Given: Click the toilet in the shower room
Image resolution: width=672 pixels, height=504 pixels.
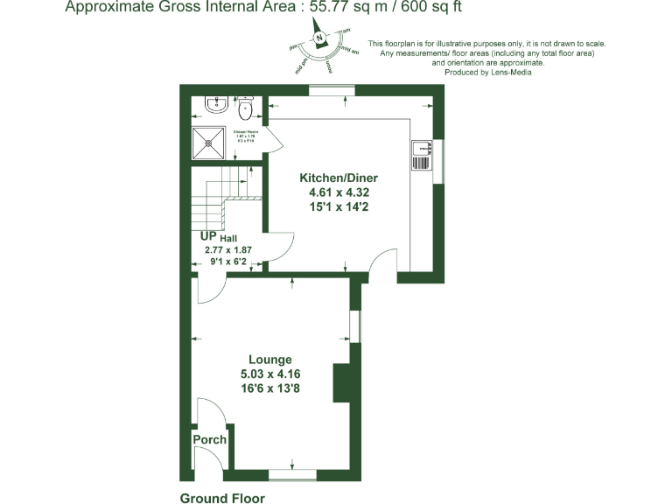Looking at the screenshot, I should pos(246,108).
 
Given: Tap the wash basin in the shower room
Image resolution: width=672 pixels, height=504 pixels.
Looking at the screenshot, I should pos(214,105).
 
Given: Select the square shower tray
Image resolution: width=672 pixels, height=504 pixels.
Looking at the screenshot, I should pos(210,141).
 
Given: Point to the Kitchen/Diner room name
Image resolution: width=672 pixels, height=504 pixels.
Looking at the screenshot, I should pos(326,178).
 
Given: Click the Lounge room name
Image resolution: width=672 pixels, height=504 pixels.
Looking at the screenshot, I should pos(269,360).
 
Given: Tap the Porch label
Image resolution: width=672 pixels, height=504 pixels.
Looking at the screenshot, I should pos(210,439).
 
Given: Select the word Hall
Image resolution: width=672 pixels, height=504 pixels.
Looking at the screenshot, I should pos(228,238).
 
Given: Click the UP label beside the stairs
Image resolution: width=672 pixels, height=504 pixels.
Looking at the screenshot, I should pos(208,236).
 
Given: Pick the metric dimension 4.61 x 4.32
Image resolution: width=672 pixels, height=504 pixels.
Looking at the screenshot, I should pos(326,192).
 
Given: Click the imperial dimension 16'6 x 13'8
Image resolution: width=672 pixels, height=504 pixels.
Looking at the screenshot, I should pos(269,388).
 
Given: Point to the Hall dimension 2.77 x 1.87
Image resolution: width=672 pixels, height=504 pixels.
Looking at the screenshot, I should pos(227,249).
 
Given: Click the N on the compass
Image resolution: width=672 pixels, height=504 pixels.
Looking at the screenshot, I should pos(321,37).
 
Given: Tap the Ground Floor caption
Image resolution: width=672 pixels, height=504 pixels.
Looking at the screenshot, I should pos(222,498).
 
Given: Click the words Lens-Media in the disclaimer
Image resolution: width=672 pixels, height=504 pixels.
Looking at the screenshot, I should pos(512,73).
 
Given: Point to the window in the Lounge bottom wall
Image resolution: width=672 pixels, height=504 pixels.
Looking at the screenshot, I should pos(292,473).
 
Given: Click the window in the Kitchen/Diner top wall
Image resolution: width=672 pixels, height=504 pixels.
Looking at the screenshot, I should pos(332,89).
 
